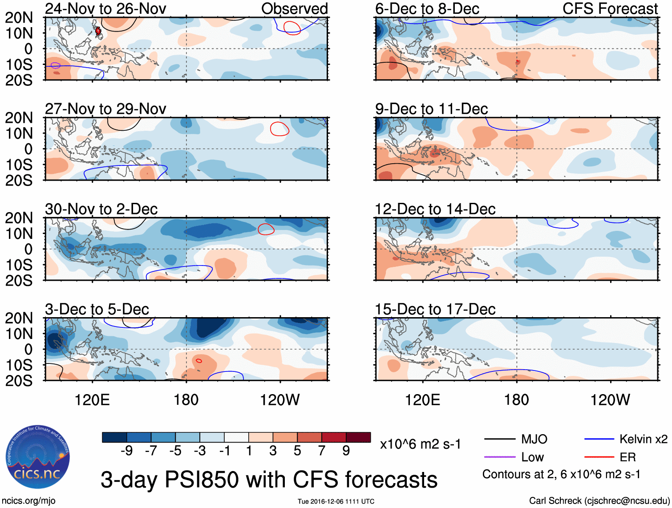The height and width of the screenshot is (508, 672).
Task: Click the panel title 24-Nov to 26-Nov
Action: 105,8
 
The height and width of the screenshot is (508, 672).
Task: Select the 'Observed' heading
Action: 294,8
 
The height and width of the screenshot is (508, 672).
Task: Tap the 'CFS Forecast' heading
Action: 610,8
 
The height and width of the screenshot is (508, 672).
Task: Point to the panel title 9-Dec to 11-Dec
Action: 431,109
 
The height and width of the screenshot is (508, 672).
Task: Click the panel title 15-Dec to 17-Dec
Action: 435,309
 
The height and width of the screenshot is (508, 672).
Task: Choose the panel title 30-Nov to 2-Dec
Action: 101,209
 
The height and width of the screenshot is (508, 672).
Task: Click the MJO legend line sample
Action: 499,439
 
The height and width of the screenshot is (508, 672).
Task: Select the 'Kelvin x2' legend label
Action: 643,439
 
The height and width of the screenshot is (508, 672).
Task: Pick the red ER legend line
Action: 599,457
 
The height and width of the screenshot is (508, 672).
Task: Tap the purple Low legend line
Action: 499,457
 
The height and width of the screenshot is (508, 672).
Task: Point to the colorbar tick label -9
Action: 127,451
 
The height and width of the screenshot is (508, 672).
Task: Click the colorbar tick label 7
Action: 322,451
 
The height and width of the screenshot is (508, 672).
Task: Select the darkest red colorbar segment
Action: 358,437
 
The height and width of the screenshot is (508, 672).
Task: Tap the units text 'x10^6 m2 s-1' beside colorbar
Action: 421,444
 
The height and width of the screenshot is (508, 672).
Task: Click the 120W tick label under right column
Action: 610,400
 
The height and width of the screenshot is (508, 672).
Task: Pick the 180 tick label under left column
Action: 186,400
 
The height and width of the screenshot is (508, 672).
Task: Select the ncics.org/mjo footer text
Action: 28,501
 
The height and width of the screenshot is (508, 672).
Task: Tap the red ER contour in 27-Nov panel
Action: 279,129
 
